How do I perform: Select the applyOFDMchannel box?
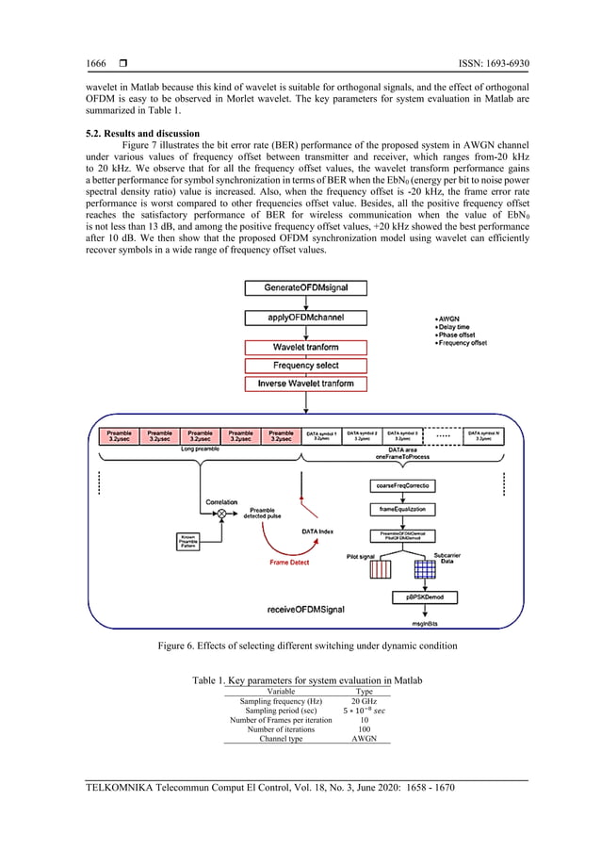pos(298,318)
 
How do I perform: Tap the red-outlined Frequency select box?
pos(298,365)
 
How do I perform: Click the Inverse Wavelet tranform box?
pos(298,384)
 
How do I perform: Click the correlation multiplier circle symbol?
pos(222,512)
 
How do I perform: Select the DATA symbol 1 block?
pos(322,435)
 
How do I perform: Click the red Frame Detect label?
pos(290,562)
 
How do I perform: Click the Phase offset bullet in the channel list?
pos(459,335)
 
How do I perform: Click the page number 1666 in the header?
pos(96,64)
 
